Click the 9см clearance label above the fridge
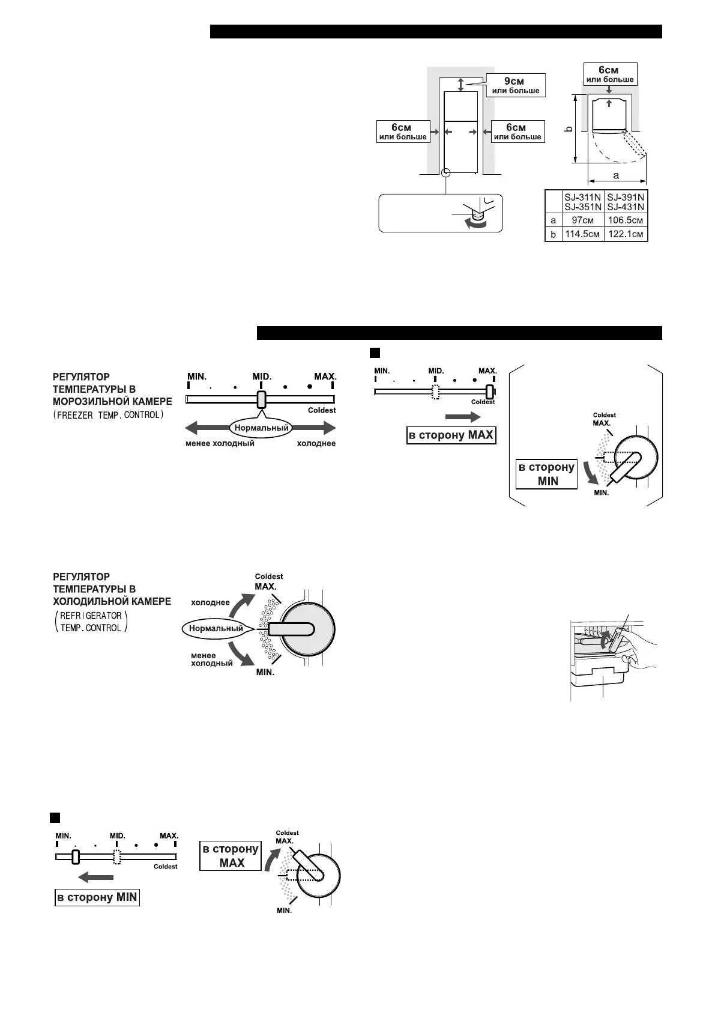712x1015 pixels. (x=516, y=85)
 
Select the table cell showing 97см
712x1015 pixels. (x=582, y=220)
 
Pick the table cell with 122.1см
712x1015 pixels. (x=626, y=234)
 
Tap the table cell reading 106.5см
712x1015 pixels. (x=626, y=220)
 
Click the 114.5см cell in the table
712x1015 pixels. (x=582, y=234)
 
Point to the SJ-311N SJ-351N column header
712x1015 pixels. (x=582, y=202)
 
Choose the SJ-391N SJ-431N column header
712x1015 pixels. (x=626, y=202)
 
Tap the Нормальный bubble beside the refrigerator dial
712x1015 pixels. (x=216, y=629)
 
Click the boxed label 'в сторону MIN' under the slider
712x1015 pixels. (x=97, y=898)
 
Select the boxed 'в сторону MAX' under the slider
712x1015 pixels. (x=451, y=435)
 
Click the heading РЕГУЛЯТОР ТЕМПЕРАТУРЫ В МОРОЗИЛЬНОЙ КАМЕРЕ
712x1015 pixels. (x=112, y=389)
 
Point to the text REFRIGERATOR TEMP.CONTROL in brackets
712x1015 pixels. (x=91, y=622)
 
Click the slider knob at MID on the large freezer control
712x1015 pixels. (x=261, y=399)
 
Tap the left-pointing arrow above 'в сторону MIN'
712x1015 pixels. (x=92, y=878)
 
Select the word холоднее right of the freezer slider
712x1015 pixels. (x=316, y=443)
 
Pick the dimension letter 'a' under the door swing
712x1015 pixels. (x=616, y=176)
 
